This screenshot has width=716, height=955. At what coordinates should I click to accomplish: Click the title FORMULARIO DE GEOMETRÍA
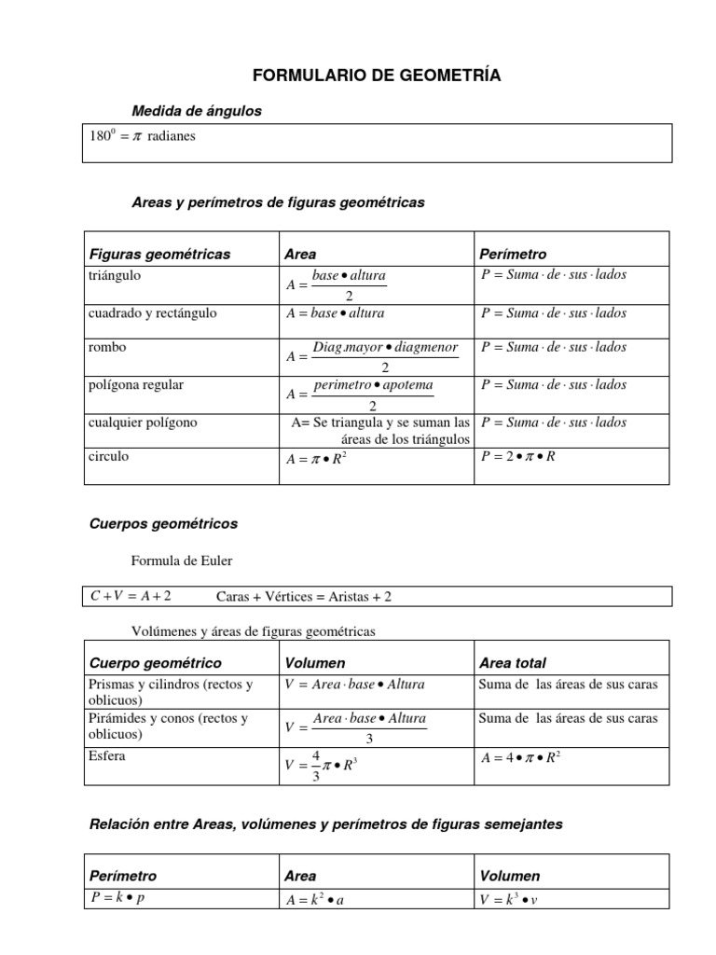(x=377, y=76)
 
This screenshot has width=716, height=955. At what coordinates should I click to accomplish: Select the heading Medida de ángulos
(x=197, y=111)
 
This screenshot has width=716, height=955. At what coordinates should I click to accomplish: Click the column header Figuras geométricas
(x=159, y=254)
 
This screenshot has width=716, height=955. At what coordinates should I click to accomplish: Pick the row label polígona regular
(x=136, y=384)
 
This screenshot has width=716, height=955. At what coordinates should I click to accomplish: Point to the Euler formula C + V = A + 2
(x=131, y=595)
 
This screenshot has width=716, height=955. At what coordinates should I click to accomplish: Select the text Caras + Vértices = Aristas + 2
(x=310, y=596)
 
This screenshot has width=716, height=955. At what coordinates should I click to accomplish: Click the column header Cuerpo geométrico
(x=155, y=663)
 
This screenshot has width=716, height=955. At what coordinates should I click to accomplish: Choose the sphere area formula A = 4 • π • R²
(x=520, y=757)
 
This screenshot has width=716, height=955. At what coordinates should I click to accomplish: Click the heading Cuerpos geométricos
(x=163, y=524)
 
